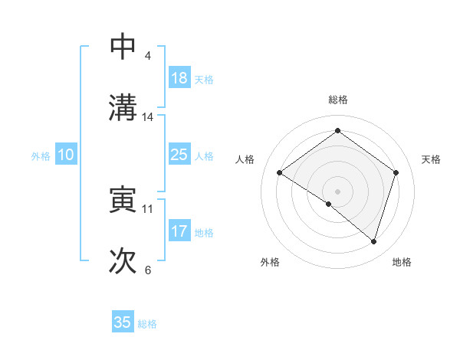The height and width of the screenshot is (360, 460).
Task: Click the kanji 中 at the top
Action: [123, 47]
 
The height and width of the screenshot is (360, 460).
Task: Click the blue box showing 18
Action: [179, 78]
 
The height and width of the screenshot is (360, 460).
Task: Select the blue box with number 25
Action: [179, 155]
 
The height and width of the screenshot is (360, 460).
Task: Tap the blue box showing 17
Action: [179, 231]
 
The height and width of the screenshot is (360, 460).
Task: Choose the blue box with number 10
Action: [66, 155]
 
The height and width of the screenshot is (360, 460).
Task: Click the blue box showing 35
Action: [123, 322]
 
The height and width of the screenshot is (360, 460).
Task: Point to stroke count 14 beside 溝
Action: [148, 117]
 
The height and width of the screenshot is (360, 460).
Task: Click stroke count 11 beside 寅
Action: [148, 208]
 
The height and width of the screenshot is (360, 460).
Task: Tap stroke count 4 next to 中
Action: [148, 56]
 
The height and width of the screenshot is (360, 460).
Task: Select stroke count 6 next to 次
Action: [148, 270]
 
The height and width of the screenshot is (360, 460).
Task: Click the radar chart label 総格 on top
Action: [337, 100]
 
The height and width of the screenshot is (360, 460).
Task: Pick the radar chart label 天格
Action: [431, 159]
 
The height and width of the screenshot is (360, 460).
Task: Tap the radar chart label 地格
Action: [402, 262]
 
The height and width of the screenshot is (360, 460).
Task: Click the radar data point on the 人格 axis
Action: [280, 173]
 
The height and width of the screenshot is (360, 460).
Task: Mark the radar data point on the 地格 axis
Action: [373, 241]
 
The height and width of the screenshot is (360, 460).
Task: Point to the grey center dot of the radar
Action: [337, 191]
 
